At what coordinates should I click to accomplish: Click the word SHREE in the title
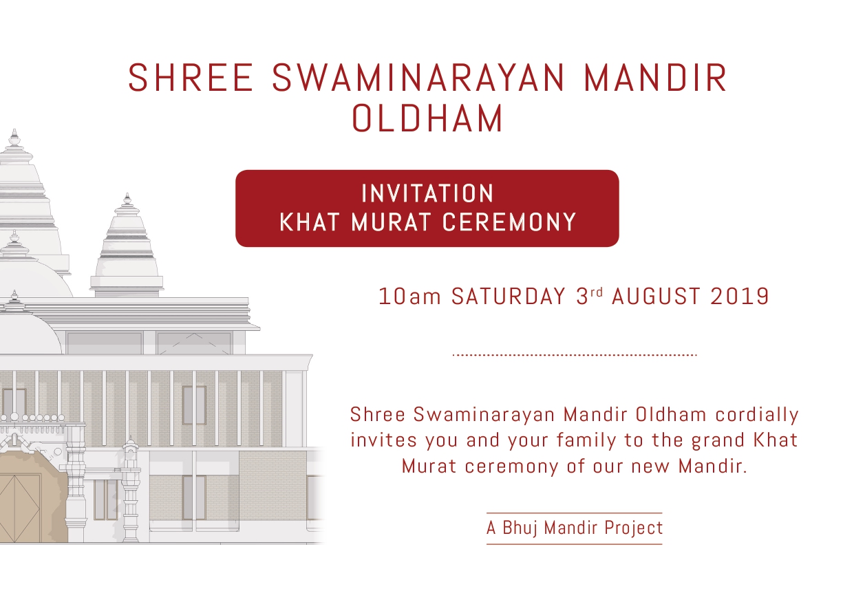[191, 78]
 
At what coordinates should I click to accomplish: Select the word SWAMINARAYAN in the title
[418, 78]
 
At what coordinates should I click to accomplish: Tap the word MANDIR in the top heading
[655, 78]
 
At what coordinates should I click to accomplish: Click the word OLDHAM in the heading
[427, 118]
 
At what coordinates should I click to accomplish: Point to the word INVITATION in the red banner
[427, 193]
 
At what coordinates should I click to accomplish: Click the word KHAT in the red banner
[309, 222]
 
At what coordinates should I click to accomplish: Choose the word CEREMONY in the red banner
[509, 222]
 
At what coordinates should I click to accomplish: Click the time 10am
[409, 297]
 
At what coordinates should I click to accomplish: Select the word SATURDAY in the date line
[509, 297]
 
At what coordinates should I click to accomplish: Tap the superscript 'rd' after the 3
[597, 292]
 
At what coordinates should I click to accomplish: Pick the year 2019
[740, 297]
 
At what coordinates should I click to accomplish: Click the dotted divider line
[575, 355]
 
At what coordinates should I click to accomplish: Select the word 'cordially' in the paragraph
[757, 416]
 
